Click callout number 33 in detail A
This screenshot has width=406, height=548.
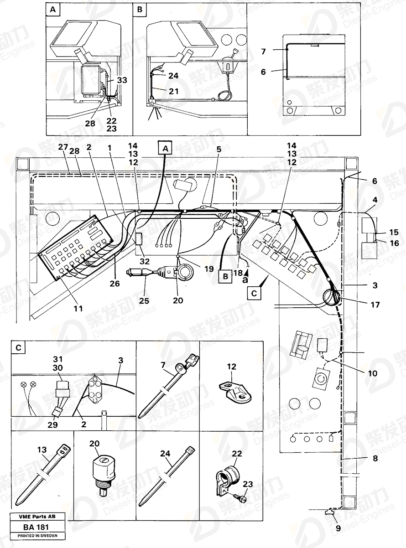(x=122, y=80)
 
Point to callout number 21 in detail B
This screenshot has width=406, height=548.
(x=173, y=91)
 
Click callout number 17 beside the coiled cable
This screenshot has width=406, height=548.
(x=375, y=305)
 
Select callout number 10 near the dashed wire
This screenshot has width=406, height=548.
(x=372, y=373)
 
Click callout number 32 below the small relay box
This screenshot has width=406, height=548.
(x=145, y=261)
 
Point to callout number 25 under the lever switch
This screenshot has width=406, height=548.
(x=144, y=301)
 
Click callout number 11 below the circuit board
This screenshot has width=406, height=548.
(x=78, y=308)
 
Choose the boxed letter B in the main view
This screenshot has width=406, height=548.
(x=225, y=276)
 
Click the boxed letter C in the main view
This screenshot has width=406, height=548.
(x=254, y=293)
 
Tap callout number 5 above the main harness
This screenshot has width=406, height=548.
(x=219, y=149)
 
